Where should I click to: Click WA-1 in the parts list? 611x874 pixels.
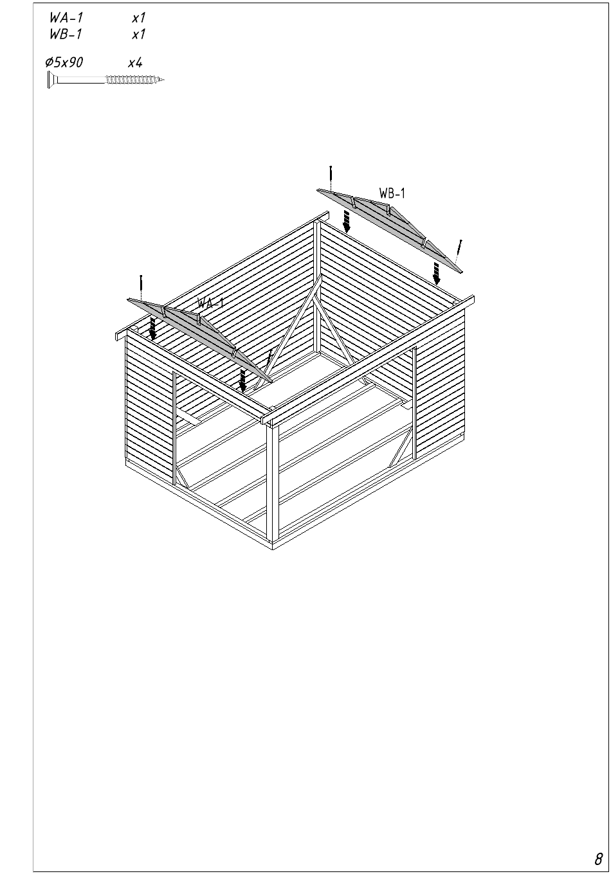pyautogui.click(x=66, y=17)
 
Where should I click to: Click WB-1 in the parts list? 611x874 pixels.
pyautogui.click(x=66, y=34)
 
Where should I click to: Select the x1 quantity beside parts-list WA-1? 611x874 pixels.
pyautogui.click(x=138, y=18)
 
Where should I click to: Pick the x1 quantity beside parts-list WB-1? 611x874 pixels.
pyautogui.click(x=138, y=35)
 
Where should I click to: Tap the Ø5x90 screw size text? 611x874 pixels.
pyautogui.click(x=64, y=62)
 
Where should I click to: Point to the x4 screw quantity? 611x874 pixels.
pyautogui.click(x=136, y=62)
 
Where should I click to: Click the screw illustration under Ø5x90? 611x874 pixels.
pyautogui.click(x=106, y=80)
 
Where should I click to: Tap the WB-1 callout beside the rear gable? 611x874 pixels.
pyautogui.click(x=392, y=193)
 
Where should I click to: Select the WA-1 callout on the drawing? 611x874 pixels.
pyautogui.click(x=210, y=303)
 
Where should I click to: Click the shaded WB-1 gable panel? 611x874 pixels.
pyautogui.click(x=390, y=230)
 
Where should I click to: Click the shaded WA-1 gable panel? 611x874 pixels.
pyautogui.click(x=200, y=339)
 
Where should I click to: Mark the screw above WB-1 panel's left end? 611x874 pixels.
pyautogui.click(x=331, y=178)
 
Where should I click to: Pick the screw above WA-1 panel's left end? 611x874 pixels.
pyautogui.click(x=141, y=287)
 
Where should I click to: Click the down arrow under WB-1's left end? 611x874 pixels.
pyautogui.click(x=346, y=222)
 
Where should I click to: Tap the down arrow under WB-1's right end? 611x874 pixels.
pyautogui.click(x=437, y=274)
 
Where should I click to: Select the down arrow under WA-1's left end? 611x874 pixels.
pyautogui.click(x=152, y=328)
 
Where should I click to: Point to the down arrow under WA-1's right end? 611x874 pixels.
pyautogui.click(x=243, y=381)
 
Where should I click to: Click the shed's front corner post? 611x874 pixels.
pyautogui.click(x=273, y=483)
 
